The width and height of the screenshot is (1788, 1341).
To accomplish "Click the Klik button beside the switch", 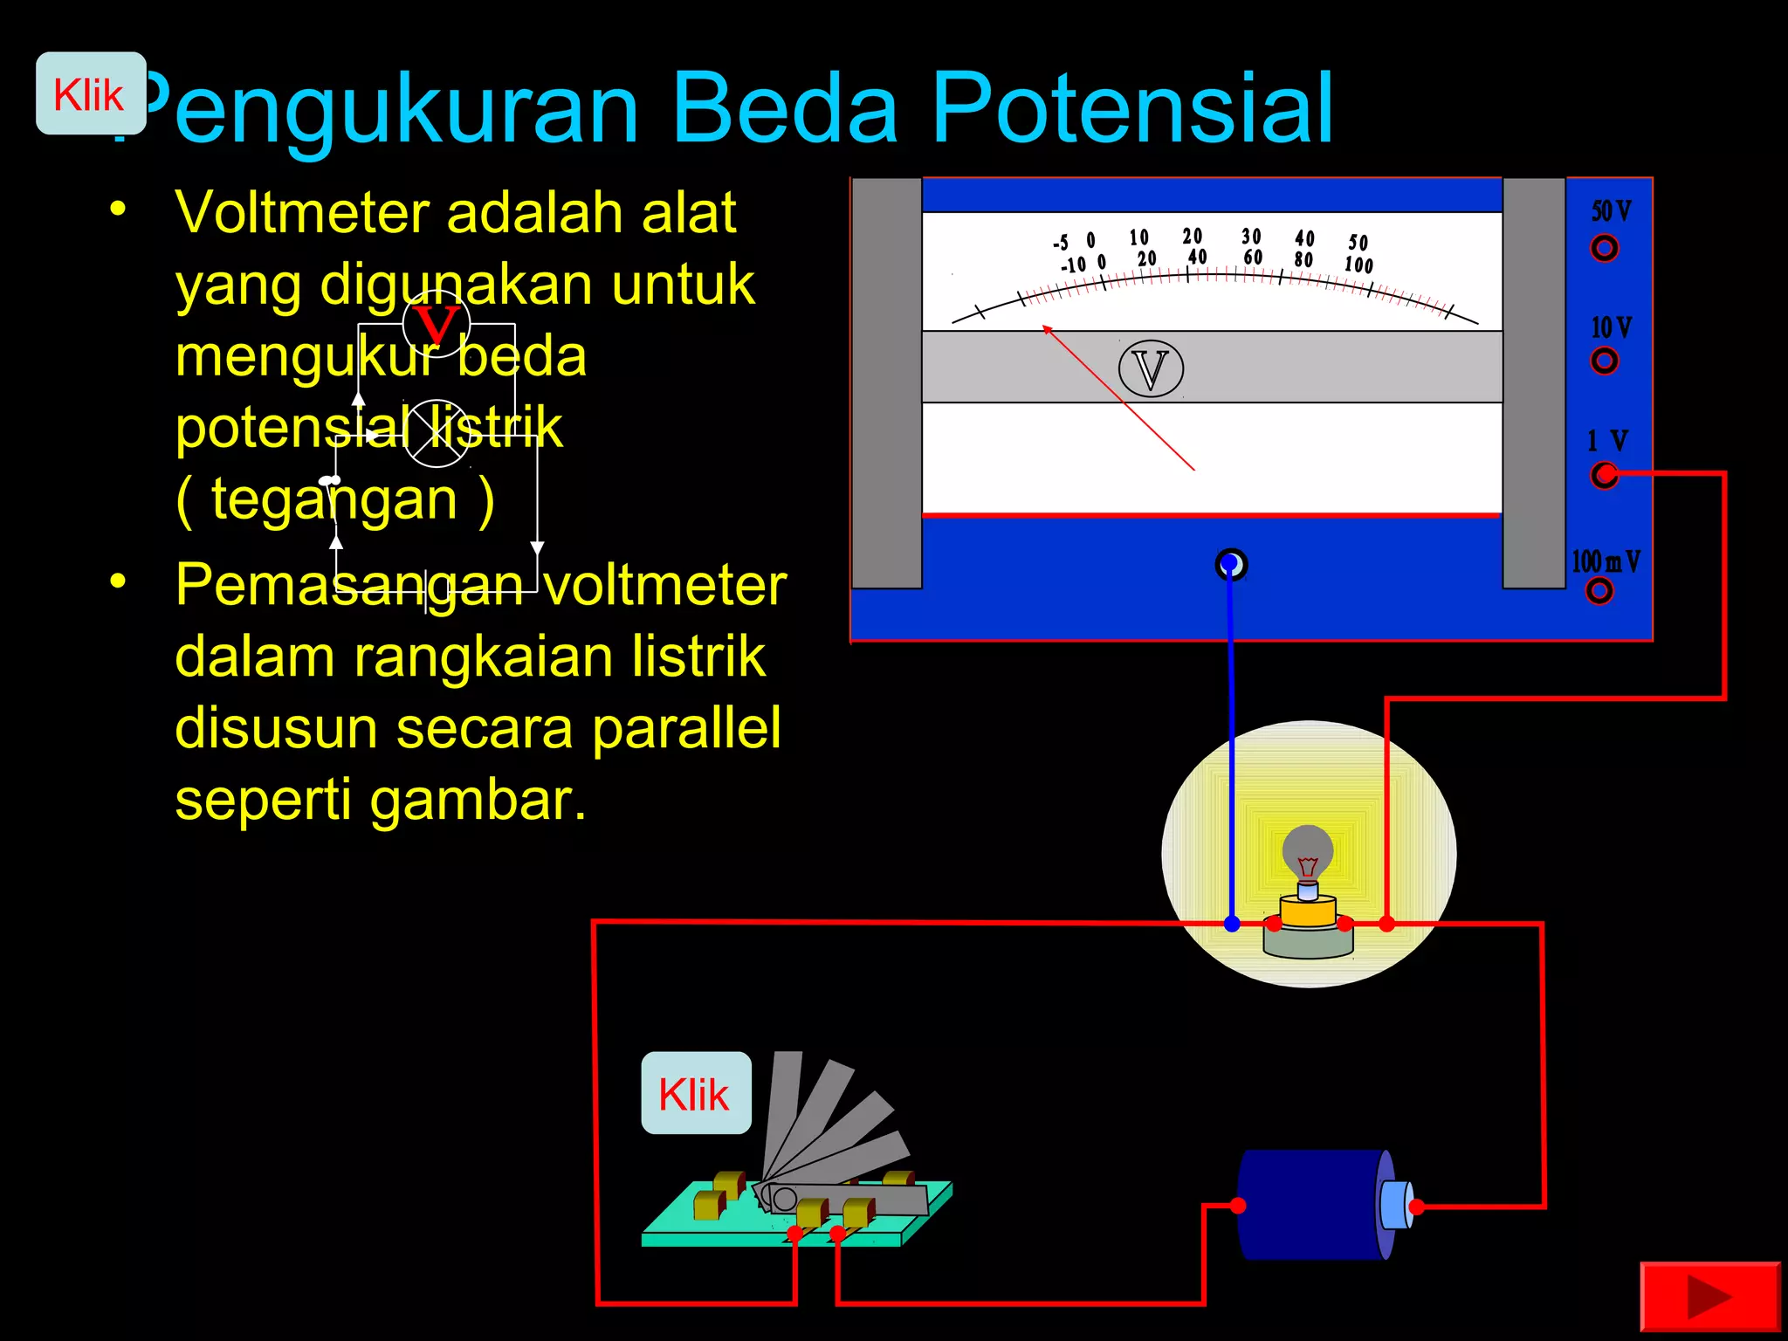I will pos(696,1093).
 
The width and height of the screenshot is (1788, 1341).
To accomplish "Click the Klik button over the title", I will pos(90,93).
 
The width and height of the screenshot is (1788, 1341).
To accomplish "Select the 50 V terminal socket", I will pos(1604,249).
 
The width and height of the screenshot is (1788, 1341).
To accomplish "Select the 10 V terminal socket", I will pos(1604,361).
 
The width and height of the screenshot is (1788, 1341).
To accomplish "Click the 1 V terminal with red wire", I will pos(1604,475).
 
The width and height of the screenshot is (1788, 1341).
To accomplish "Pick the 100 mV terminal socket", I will pos(1599,591).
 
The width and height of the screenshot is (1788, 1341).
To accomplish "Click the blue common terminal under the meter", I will pos(1231,565).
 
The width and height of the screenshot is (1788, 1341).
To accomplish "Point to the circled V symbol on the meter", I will pos(1151,368).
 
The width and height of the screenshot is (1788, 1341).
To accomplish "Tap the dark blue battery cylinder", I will pos(1310,1205).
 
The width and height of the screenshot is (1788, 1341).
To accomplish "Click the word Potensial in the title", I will pos(1132,109).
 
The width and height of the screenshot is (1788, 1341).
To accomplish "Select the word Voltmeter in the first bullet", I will pos(302,213).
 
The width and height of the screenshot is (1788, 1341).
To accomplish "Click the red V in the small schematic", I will pos(436,325).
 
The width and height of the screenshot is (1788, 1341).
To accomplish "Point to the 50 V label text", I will pos(1611,211).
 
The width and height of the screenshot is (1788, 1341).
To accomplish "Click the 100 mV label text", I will pos(1606,561).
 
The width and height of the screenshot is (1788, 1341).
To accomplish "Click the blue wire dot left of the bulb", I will pos(1232,924).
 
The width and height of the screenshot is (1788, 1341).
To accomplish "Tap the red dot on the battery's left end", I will pos(1238,1206).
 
